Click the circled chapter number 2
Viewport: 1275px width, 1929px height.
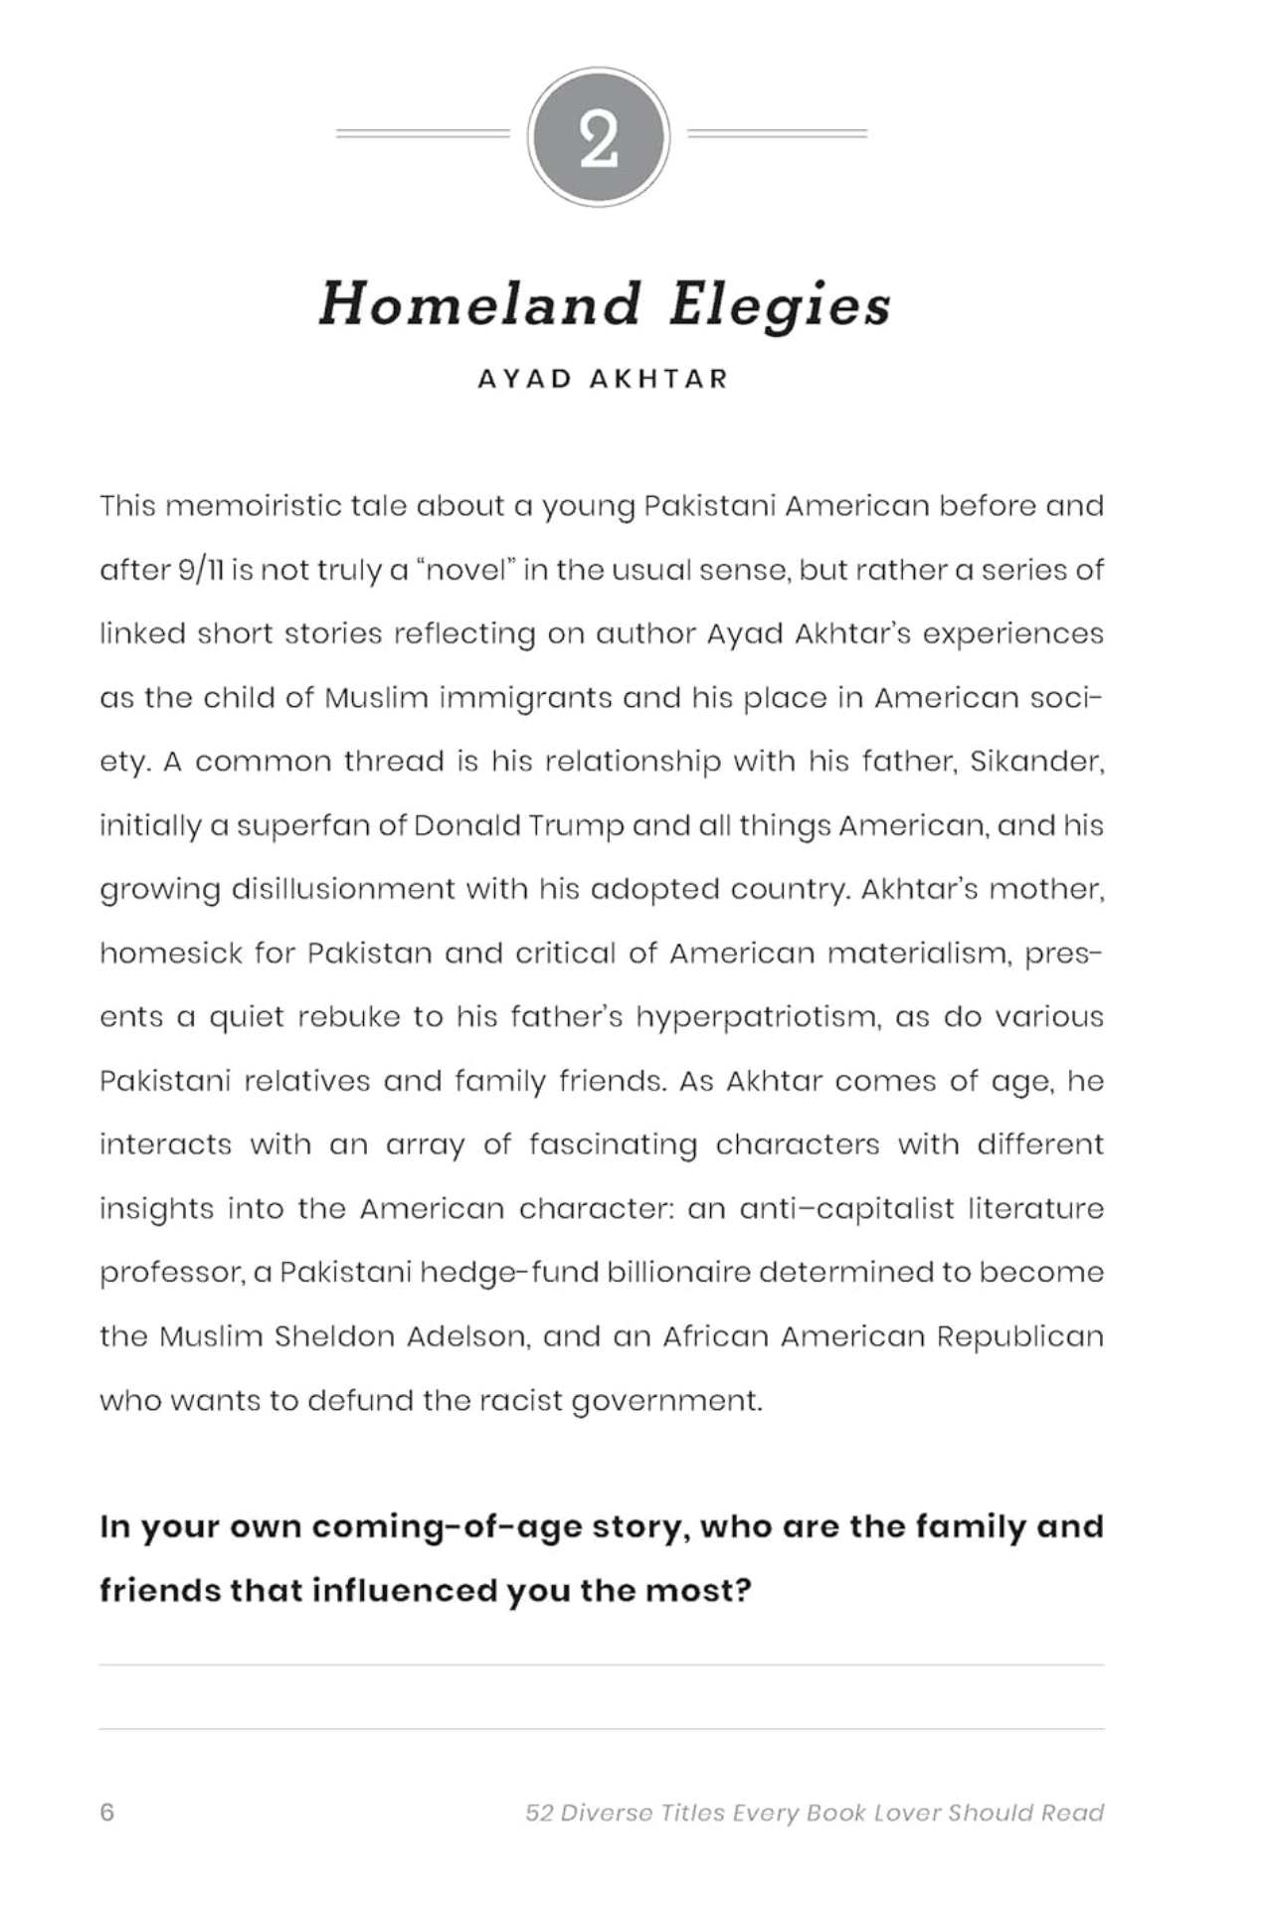click(599, 137)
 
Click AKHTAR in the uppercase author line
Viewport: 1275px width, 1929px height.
click(659, 379)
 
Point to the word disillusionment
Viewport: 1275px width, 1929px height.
click(343, 889)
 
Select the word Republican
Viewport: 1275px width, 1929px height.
click(1020, 1337)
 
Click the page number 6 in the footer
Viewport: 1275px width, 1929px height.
click(107, 1813)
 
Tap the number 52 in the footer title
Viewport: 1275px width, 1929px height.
click(539, 1813)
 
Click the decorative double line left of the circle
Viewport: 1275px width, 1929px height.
click(423, 133)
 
